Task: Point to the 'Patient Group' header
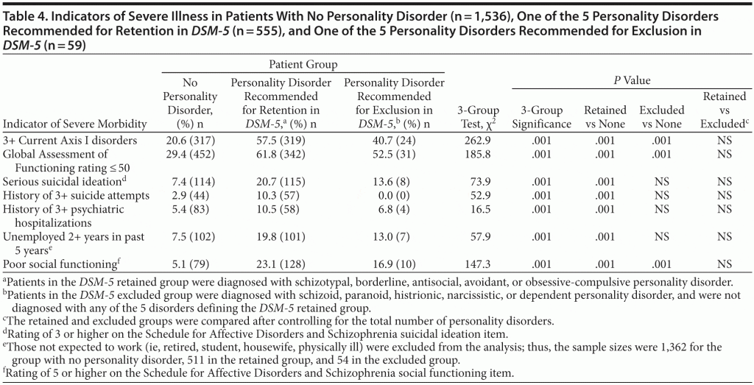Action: click(303, 66)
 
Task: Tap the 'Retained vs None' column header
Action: click(605, 117)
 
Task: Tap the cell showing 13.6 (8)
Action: click(394, 180)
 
